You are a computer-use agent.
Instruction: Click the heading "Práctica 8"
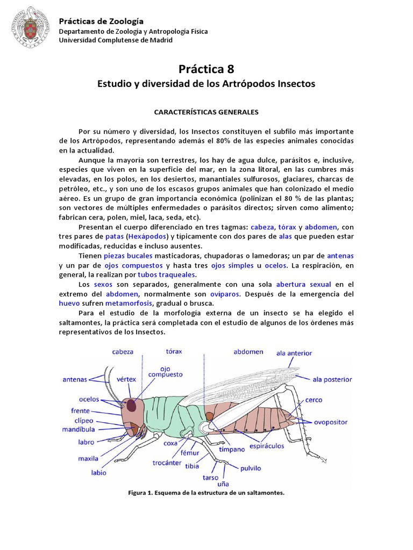point(206,69)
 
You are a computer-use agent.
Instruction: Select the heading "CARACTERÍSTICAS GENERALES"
point(206,112)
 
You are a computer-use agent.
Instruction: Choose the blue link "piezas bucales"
point(128,256)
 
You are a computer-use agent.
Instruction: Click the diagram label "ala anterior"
point(294,353)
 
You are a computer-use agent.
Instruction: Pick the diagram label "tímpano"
point(232,448)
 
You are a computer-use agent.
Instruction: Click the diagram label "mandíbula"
point(80,430)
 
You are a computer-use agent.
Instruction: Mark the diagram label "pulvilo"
point(251,468)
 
